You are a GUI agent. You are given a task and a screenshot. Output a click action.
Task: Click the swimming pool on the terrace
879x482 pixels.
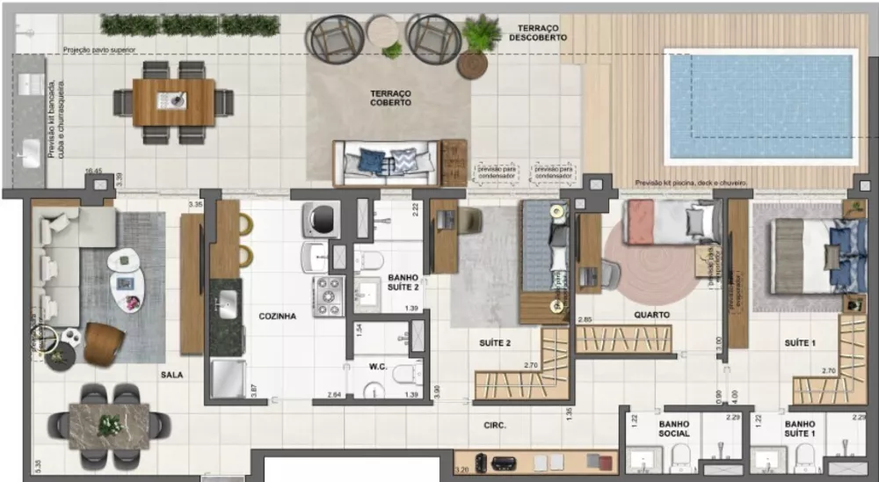(x=760, y=106)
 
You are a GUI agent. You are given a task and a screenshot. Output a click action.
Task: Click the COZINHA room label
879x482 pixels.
(x=277, y=316)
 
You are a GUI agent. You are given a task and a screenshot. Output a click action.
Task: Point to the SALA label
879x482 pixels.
(x=171, y=375)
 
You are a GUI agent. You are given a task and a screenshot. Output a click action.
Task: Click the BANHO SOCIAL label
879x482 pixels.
(x=673, y=428)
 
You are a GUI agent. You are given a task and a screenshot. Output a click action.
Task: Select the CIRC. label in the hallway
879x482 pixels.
(x=494, y=425)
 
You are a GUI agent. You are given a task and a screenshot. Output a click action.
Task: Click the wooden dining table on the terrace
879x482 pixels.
(x=174, y=102)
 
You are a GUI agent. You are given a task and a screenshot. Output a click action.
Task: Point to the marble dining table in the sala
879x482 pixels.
(x=109, y=427)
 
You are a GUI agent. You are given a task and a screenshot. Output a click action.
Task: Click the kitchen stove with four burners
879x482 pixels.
(x=329, y=296)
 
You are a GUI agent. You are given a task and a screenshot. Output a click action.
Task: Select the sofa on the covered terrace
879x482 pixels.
(x=387, y=163)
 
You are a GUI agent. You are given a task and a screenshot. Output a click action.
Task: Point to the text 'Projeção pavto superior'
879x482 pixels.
(x=98, y=50)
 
